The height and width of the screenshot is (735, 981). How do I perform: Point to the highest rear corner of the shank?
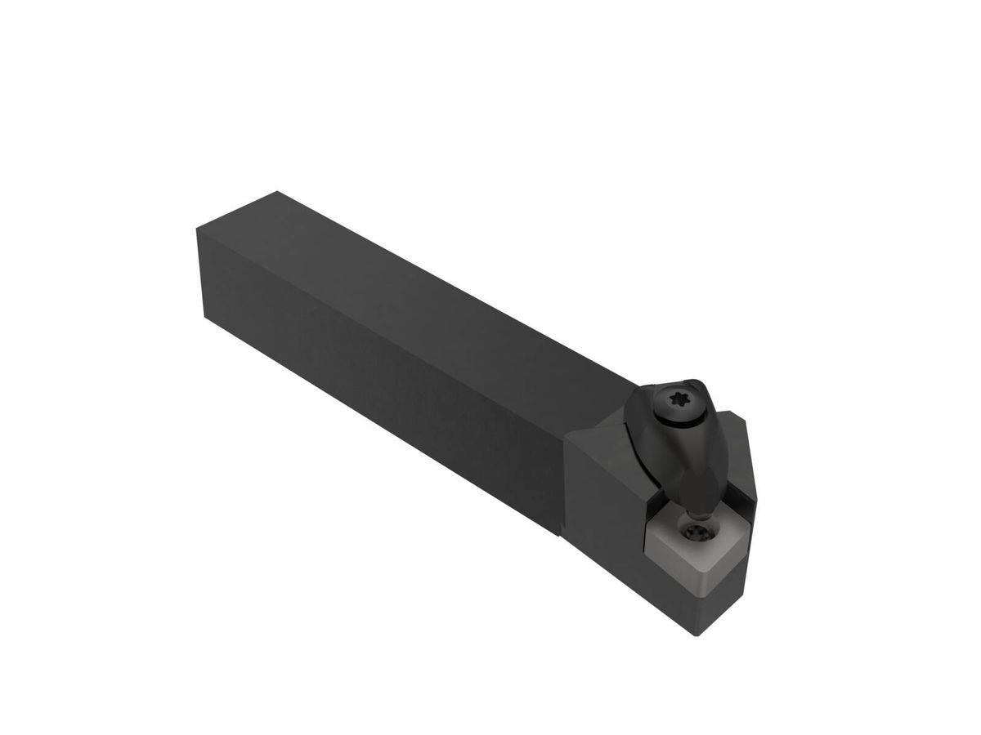coord(277,192)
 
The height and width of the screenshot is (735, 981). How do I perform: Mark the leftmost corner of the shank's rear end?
coord(198,229)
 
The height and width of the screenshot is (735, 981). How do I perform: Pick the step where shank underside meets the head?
coord(561,534)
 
